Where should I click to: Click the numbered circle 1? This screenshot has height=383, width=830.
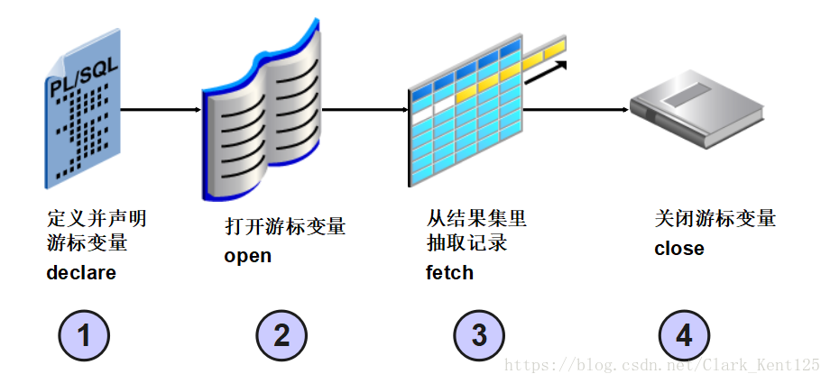tap(84, 335)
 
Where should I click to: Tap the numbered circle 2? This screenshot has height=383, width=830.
tap(281, 335)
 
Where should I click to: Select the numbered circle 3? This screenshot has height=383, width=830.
tap(479, 335)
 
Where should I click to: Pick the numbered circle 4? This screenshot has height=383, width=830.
tap(684, 335)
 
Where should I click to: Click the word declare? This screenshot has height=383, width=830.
tap(81, 272)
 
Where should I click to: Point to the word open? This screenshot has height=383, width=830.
tap(248, 256)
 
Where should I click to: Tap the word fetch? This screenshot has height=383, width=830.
tap(449, 272)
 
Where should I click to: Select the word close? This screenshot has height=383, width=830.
tap(679, 248)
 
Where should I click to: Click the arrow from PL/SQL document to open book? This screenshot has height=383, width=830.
tap(160, 110)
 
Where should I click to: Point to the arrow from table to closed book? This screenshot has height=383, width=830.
tap(575, 110)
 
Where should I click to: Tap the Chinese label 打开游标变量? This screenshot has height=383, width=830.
tap(285, 226)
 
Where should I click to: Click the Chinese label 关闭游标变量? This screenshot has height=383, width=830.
tap(715, 219)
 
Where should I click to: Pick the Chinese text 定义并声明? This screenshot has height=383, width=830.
tap(96, 219)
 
